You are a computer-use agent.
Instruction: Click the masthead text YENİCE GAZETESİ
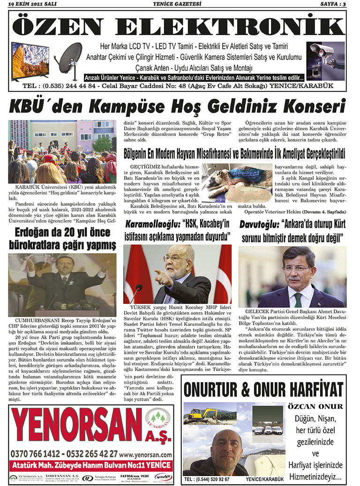point(180,4)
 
